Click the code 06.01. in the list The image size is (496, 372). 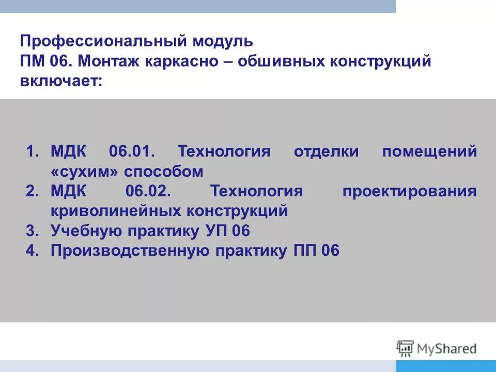[132, 152]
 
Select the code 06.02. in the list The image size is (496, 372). [148, 192]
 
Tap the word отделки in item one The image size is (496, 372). [323, 152]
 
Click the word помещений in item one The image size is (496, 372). [430, 152]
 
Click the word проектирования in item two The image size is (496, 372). [409, 192]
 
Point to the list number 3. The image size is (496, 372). [30, 231]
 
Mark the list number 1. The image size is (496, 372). [30, 152]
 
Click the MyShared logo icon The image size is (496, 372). [406, 349]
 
